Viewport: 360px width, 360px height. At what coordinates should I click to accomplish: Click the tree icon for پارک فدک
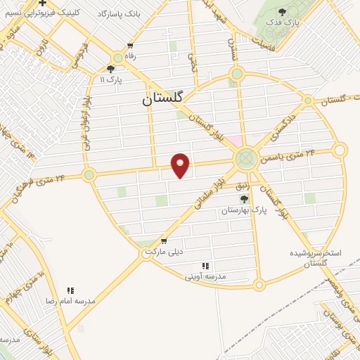[282, 12]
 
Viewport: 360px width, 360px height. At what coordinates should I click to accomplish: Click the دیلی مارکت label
[164, 251]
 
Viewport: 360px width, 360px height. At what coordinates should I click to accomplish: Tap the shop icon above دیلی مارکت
[164, 240]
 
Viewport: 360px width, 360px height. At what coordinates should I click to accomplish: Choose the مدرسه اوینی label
[205, 276]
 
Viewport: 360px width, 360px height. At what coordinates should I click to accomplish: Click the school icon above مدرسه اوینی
[205, 266]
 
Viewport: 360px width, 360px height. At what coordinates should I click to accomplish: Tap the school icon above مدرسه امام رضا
[70, 290]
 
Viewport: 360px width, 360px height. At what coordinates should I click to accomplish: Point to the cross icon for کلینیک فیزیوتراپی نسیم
[43, 4]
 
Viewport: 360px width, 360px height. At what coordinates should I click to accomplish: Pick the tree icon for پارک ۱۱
[110, 68]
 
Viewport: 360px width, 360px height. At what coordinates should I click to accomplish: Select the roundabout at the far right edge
[340, 150]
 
